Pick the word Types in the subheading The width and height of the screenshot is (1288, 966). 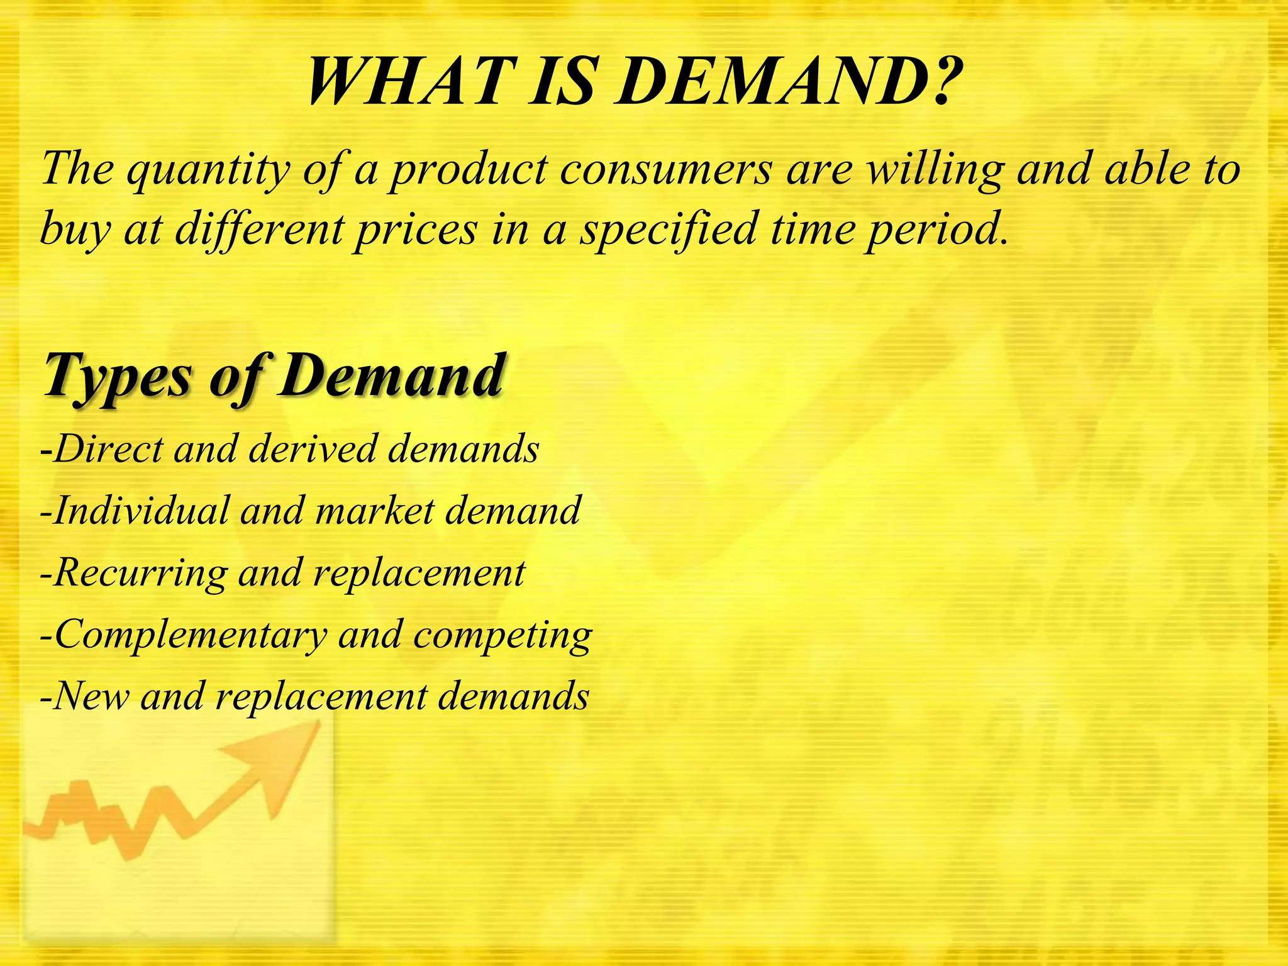(x=117, y=376)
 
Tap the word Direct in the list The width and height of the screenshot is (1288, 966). (x=108, y=449)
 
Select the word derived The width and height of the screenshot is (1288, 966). (x=311, y=449)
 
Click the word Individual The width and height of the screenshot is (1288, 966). (x=142, y=511)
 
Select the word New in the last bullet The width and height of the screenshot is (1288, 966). (x=92, y=697)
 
